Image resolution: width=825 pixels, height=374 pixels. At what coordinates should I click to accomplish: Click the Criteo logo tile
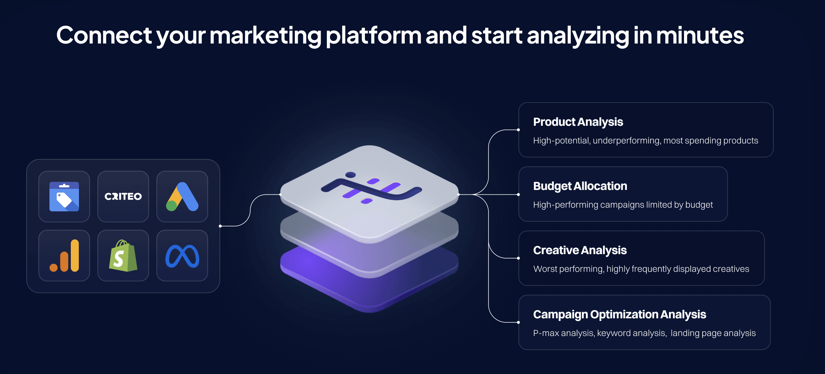pos(123,197)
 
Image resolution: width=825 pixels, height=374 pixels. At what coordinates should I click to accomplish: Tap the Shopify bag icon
pos(123,256)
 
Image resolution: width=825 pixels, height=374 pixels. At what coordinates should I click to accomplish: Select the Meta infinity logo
pos(182,256)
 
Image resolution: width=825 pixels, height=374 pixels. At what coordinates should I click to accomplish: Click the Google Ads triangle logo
pos(182,197)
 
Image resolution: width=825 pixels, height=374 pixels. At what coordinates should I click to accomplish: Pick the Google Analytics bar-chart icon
pos(65,256)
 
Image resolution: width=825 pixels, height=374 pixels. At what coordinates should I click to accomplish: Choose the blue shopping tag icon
pos(64,197)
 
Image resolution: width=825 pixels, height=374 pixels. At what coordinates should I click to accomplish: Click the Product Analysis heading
pos(578,122)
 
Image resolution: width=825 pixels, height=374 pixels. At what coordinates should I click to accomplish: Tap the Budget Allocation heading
pos(580,186)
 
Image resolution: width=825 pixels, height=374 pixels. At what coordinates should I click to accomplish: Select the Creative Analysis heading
pos(580,250)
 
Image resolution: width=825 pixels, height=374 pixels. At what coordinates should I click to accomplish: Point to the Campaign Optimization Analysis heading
pos(619,315)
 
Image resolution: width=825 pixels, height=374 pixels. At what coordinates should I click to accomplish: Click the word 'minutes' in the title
pos(700,36)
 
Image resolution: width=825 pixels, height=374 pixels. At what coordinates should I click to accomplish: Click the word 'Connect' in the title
pos(104,36)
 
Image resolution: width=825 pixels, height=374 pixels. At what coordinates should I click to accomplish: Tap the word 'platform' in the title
pos(373,36)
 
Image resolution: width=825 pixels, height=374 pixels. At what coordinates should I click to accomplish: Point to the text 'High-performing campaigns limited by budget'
pos(623,205)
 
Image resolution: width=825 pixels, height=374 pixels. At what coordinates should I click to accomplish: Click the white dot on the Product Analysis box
pos(518,130)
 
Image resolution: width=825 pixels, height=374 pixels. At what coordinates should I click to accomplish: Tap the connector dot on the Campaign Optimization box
pos(518,322)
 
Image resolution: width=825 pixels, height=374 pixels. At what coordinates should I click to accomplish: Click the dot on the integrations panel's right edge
pos(220,226)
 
